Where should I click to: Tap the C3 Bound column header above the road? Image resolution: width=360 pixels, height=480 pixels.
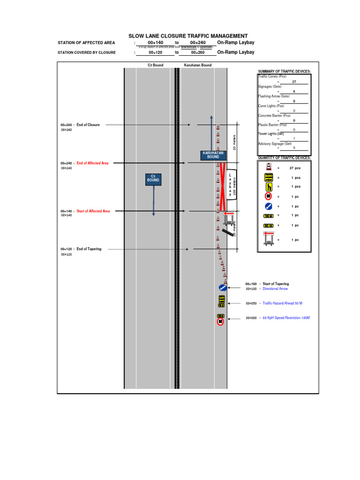tap(156, 65)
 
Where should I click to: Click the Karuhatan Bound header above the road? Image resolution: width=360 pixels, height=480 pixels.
tap(198, 65)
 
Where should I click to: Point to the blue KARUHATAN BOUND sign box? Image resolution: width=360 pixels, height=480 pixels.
tap(213, 155)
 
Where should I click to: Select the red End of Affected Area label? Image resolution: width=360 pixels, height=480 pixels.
tap(92, 163)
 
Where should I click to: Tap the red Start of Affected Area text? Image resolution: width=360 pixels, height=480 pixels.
tap(93, 211)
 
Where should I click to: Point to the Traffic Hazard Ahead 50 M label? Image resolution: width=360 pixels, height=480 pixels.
tap(282, 303)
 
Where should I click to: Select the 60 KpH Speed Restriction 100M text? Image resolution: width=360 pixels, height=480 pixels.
tap(286, 318)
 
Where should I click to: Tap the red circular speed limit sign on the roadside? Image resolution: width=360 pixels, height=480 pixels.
tap(220, 322)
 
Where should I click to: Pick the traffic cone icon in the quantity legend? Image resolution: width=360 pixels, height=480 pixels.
tap(268, 167)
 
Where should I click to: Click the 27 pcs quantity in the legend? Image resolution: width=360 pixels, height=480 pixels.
tap(294, 168)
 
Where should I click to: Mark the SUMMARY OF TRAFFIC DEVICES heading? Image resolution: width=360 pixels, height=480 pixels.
tap(284, 71)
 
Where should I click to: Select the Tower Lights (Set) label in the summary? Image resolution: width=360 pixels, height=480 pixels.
tap(271, 133)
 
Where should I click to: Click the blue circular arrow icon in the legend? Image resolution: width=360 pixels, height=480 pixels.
tap(268, 206)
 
